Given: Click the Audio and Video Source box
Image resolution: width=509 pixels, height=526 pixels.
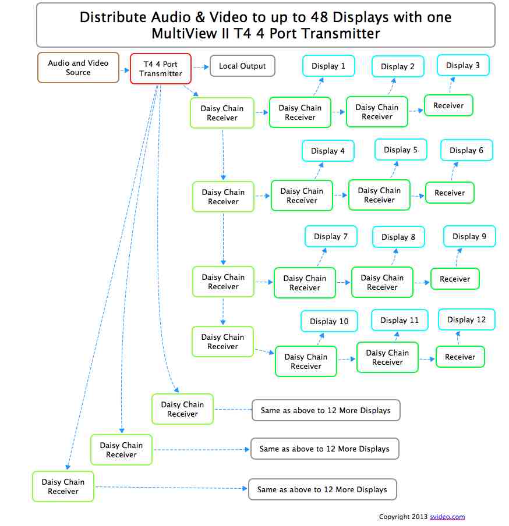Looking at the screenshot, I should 78,68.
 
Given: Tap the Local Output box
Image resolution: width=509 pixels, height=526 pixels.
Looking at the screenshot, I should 242,66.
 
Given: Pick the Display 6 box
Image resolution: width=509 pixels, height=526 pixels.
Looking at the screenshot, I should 466,150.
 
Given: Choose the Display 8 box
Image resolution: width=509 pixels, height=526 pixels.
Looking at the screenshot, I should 398,237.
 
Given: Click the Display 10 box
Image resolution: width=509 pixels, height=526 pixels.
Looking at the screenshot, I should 329,321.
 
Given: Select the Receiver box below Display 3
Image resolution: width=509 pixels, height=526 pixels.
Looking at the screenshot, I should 448,105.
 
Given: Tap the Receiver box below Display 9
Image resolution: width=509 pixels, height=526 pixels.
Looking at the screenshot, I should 455,279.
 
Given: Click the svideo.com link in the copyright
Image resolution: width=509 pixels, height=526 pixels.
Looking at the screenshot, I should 447,517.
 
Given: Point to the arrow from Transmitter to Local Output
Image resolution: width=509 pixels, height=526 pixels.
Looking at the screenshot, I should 201,67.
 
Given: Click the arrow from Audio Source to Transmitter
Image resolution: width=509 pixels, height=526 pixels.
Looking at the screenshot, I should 125,70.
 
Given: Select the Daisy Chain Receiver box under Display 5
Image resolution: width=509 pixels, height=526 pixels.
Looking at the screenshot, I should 379,195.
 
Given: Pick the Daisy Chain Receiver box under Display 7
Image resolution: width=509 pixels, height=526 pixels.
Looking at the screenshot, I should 305,283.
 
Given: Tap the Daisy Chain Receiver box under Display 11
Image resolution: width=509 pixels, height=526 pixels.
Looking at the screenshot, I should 387,357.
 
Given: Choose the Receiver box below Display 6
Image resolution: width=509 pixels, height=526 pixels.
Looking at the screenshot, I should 450,193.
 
